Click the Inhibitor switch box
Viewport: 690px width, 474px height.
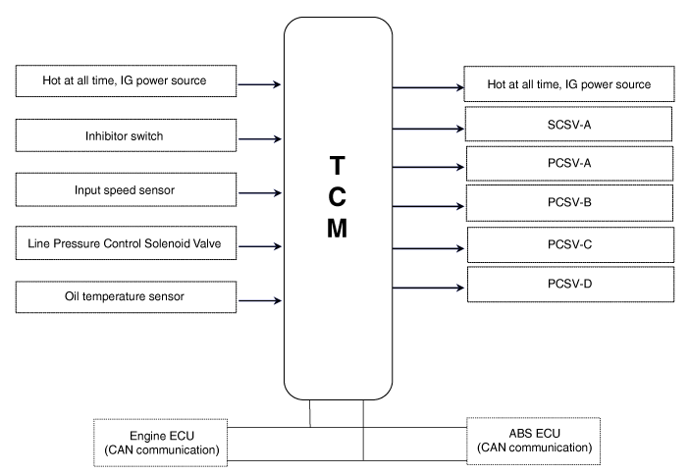click(126, 135)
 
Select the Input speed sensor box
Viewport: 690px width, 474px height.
click(126, 189)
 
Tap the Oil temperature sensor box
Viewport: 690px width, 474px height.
click(126, 295)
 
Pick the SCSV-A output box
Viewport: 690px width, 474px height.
click(568, 126)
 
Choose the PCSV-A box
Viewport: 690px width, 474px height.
click(568, 163)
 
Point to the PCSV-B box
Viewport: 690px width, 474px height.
click(568, 202)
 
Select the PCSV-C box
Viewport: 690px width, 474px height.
click(568, 242)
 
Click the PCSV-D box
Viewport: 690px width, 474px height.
click(568, 284)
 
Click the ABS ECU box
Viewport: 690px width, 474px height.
click(534, 441)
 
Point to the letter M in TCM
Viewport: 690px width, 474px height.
click(337, 228)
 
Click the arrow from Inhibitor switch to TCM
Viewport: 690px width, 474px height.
click(259, 137)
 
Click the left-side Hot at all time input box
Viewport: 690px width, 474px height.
click(126, 80)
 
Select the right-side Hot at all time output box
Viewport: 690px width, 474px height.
click(568, 84)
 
